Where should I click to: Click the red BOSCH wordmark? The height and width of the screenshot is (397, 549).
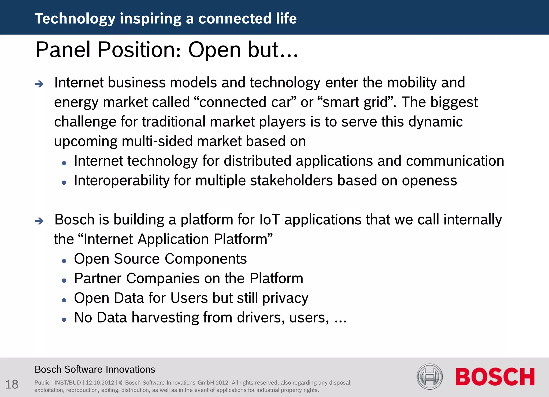coord(495,377)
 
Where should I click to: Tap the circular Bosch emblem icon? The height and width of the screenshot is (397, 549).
coord(429,377)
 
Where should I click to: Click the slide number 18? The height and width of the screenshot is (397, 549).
coord(12,384)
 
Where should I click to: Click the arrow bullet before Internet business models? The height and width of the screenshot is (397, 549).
coord(39,84)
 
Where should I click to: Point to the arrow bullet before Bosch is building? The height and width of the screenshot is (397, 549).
coord(39,221)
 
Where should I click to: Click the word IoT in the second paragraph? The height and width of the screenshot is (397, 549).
coord(269,220)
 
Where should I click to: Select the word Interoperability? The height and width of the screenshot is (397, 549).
coord(122,181)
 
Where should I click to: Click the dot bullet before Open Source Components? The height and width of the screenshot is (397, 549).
coord(64,261)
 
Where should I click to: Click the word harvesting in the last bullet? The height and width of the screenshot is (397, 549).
coord(165,318)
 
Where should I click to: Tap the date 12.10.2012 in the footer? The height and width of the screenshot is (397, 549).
coord(100,383)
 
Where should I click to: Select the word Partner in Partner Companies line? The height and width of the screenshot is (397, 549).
coord(98,278)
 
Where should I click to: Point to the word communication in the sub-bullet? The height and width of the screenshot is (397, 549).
coord(455,161)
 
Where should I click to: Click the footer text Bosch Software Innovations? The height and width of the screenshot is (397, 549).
coord(95,369)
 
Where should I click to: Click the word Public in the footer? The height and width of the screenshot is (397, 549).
coord(42,383)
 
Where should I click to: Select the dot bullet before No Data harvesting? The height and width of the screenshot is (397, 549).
coord(64,320)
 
